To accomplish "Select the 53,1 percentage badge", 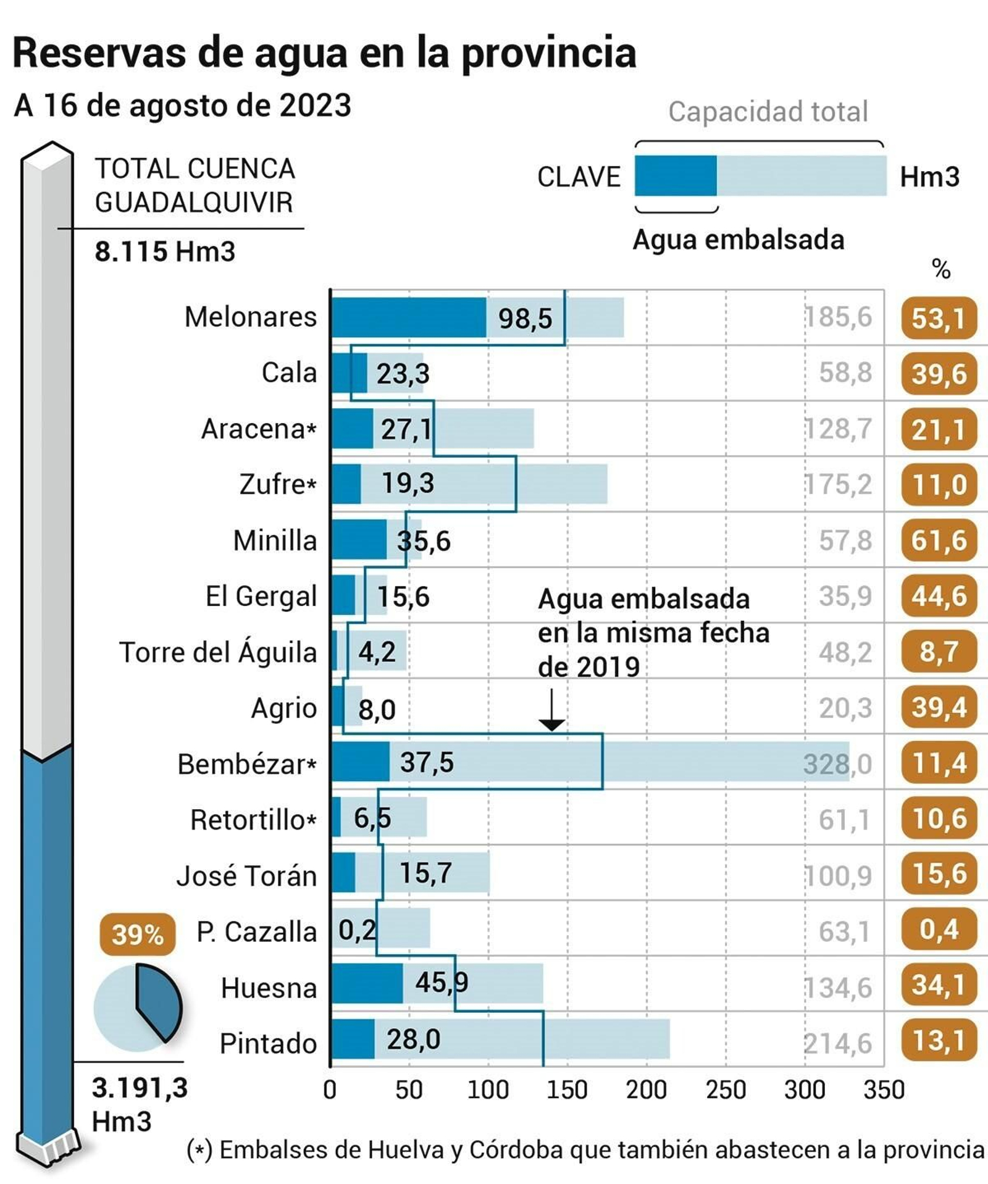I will [939, 318].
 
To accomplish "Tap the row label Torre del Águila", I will [217, 652].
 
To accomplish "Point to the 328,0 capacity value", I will [837, 764].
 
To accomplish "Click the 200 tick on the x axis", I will [646, 1090].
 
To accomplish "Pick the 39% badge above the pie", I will [137, 934].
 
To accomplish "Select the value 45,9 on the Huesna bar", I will [441, 981].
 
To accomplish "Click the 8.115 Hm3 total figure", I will [164, 251].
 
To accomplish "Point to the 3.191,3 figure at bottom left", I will [140, 1088].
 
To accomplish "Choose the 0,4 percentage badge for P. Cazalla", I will [939, 929].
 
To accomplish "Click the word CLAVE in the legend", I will [579, 177].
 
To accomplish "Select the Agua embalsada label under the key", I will [738, 240].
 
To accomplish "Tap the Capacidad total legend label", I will [768, 112].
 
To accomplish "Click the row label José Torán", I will [246, 876].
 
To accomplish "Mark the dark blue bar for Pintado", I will [353, 1039].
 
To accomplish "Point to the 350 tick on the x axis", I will [883, 1090].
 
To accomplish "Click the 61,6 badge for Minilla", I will [939, 540].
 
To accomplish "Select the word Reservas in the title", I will [99, 53].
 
